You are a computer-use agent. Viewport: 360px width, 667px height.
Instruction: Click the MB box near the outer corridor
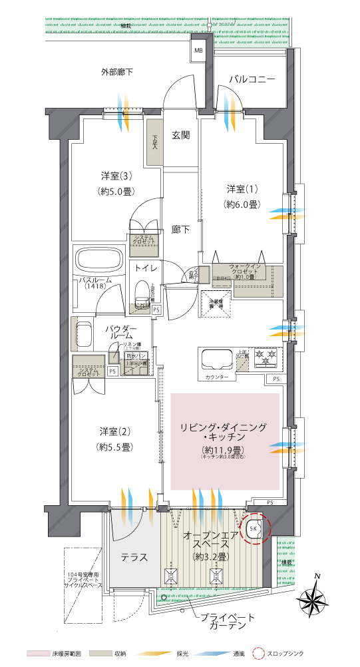pos(198,50)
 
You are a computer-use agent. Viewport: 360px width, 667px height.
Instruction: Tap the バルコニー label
pos(252,79)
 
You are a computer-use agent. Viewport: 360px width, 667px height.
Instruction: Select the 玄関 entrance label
pos(181,135)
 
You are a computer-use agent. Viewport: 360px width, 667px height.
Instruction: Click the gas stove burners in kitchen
pos(268,358)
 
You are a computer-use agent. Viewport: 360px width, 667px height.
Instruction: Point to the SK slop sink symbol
pos(254,528)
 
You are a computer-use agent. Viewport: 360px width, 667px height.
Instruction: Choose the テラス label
pos(134,557)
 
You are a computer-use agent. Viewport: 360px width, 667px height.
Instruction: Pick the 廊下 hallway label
pos(181,229)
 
